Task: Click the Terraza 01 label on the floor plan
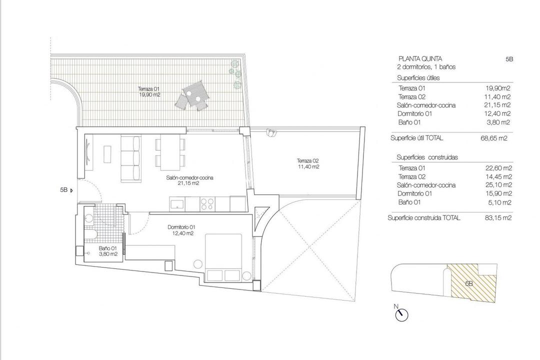pyautogui.click(x=149, y=91)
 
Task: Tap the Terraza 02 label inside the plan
pyautogui.click(x=307, y=163)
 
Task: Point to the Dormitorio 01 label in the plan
pyautogui.click(x=181, y=230)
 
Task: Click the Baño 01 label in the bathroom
pyautogui.click(x=107, y=251)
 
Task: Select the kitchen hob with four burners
pyautogui.click(x=207, y=203)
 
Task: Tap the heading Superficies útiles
pyautogui.click(x=418, y=78)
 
